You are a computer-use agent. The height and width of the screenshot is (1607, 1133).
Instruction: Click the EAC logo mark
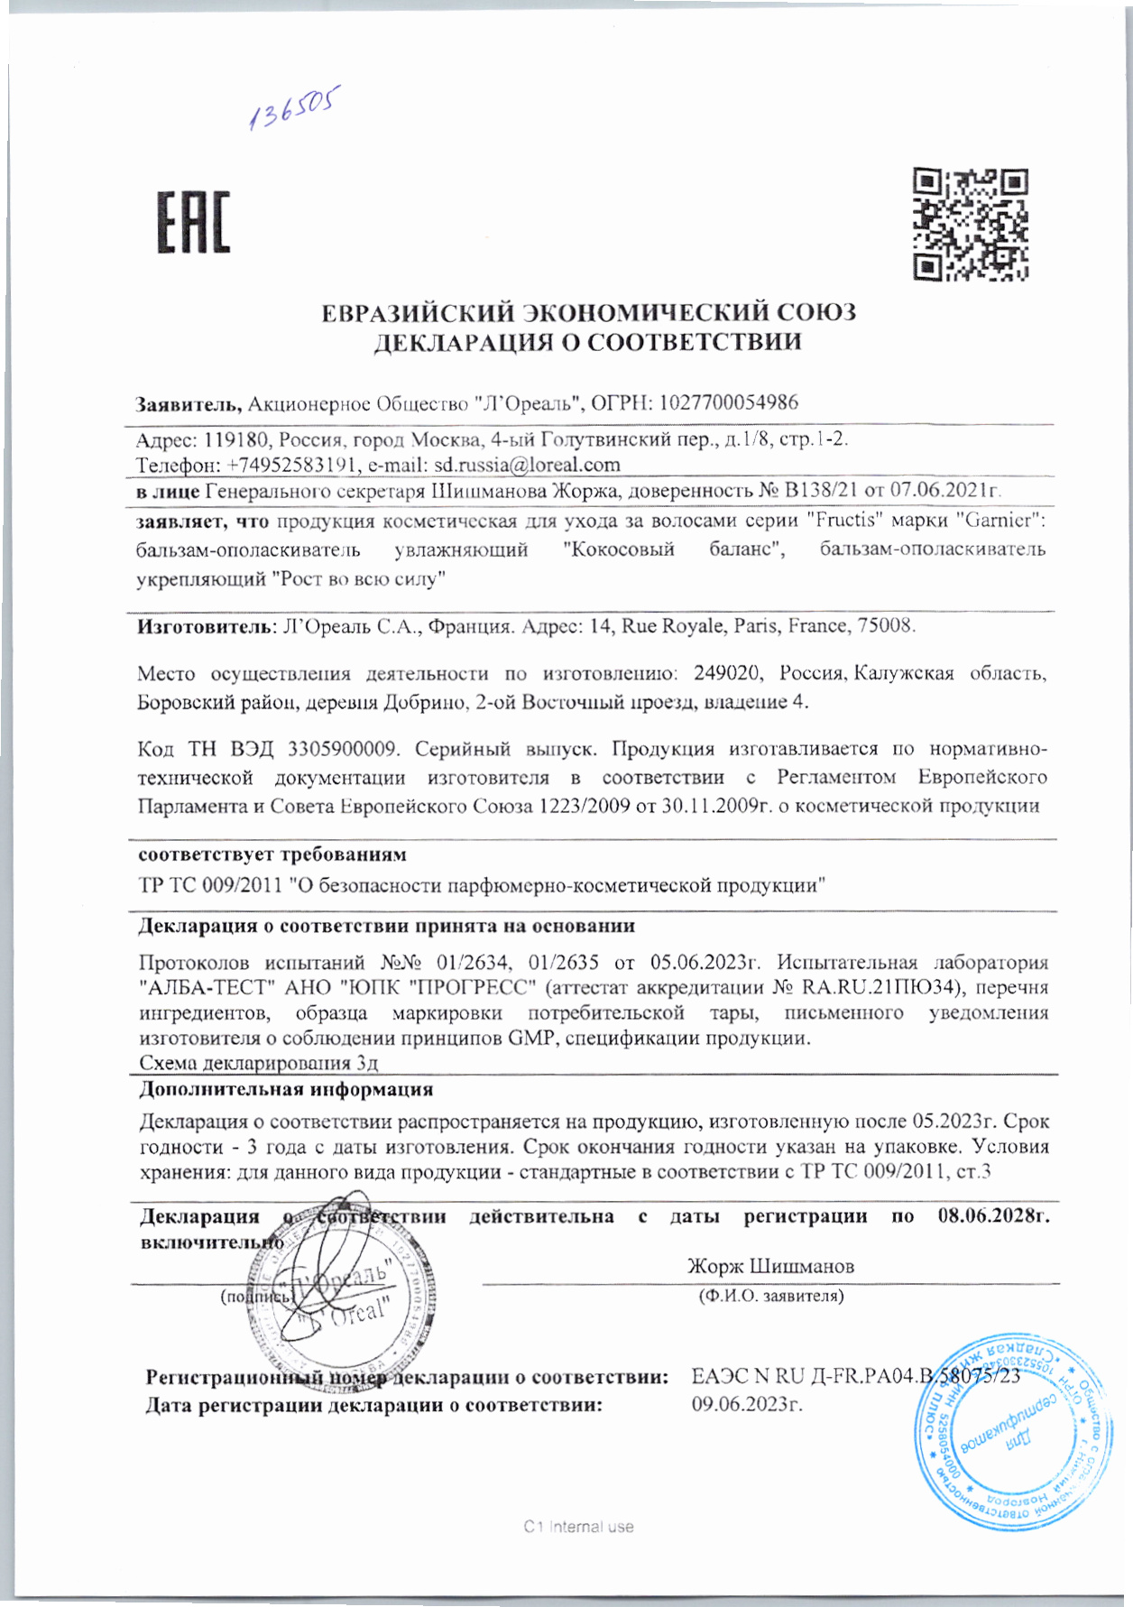coord(194,221)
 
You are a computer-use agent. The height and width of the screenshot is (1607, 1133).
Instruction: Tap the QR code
coord(971,224)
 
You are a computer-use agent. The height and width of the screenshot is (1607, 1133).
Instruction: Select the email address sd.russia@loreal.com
coord(528,465)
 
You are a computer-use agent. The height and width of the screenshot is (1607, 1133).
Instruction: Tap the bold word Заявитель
coord(188,403)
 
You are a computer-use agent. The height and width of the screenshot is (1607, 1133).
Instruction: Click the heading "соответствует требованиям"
coord(272,854)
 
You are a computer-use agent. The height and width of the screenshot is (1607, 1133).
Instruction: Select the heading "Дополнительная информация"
coord(285,1089)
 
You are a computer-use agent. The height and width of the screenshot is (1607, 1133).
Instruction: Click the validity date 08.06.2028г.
coord(993,1216)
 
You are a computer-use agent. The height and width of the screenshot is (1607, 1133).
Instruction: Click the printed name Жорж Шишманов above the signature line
coord(770,1266)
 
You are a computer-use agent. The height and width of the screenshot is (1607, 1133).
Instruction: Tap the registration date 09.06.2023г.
coord(747,1405)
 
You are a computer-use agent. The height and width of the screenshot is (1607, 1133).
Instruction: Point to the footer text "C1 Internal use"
coord(578,1527)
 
